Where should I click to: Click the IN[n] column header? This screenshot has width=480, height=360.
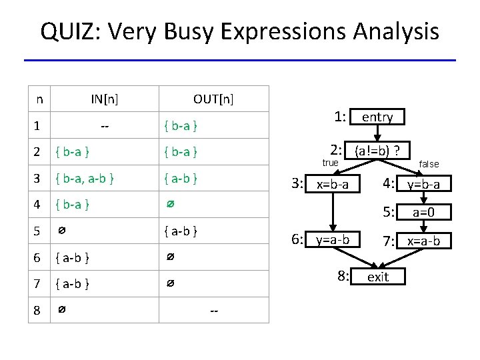(x=105, y=99)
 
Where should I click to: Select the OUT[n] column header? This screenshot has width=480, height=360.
(x=213, y=99)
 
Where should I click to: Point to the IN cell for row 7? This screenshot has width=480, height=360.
(x=73, y=284)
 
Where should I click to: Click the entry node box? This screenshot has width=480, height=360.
(x=377, y=117)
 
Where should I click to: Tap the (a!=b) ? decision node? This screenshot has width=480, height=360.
(x=381, y=150)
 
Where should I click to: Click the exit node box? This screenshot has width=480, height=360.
(x=378, y=277)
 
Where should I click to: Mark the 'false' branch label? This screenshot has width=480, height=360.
(x=429, y=164)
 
